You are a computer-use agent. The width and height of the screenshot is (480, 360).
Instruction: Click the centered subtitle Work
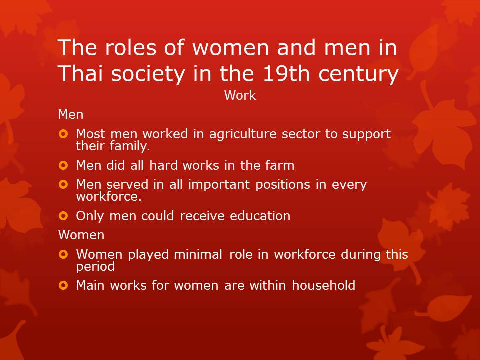pyautogui.click(x=240, y=95)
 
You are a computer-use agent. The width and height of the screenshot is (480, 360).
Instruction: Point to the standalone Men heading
pyautogui.click(x=71, y=114)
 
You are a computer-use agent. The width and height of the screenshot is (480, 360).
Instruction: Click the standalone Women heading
pyautogui.click(x=81, y=234)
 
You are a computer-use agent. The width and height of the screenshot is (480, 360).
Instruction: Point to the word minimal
pyautogui.click(x=198, y=254)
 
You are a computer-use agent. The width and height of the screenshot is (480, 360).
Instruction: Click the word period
pyautogui.click(x=95, y=266)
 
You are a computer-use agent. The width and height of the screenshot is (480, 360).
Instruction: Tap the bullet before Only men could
pyautogui.click(x=63, y=216)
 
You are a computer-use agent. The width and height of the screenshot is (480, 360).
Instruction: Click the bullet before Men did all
pyautogui.click(x=63, y=165)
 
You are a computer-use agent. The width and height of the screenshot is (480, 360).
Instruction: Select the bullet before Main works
pyautogui.click(x=63, y=286)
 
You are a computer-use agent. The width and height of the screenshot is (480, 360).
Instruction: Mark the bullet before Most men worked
pyautogui.click(x=63, y=134)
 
